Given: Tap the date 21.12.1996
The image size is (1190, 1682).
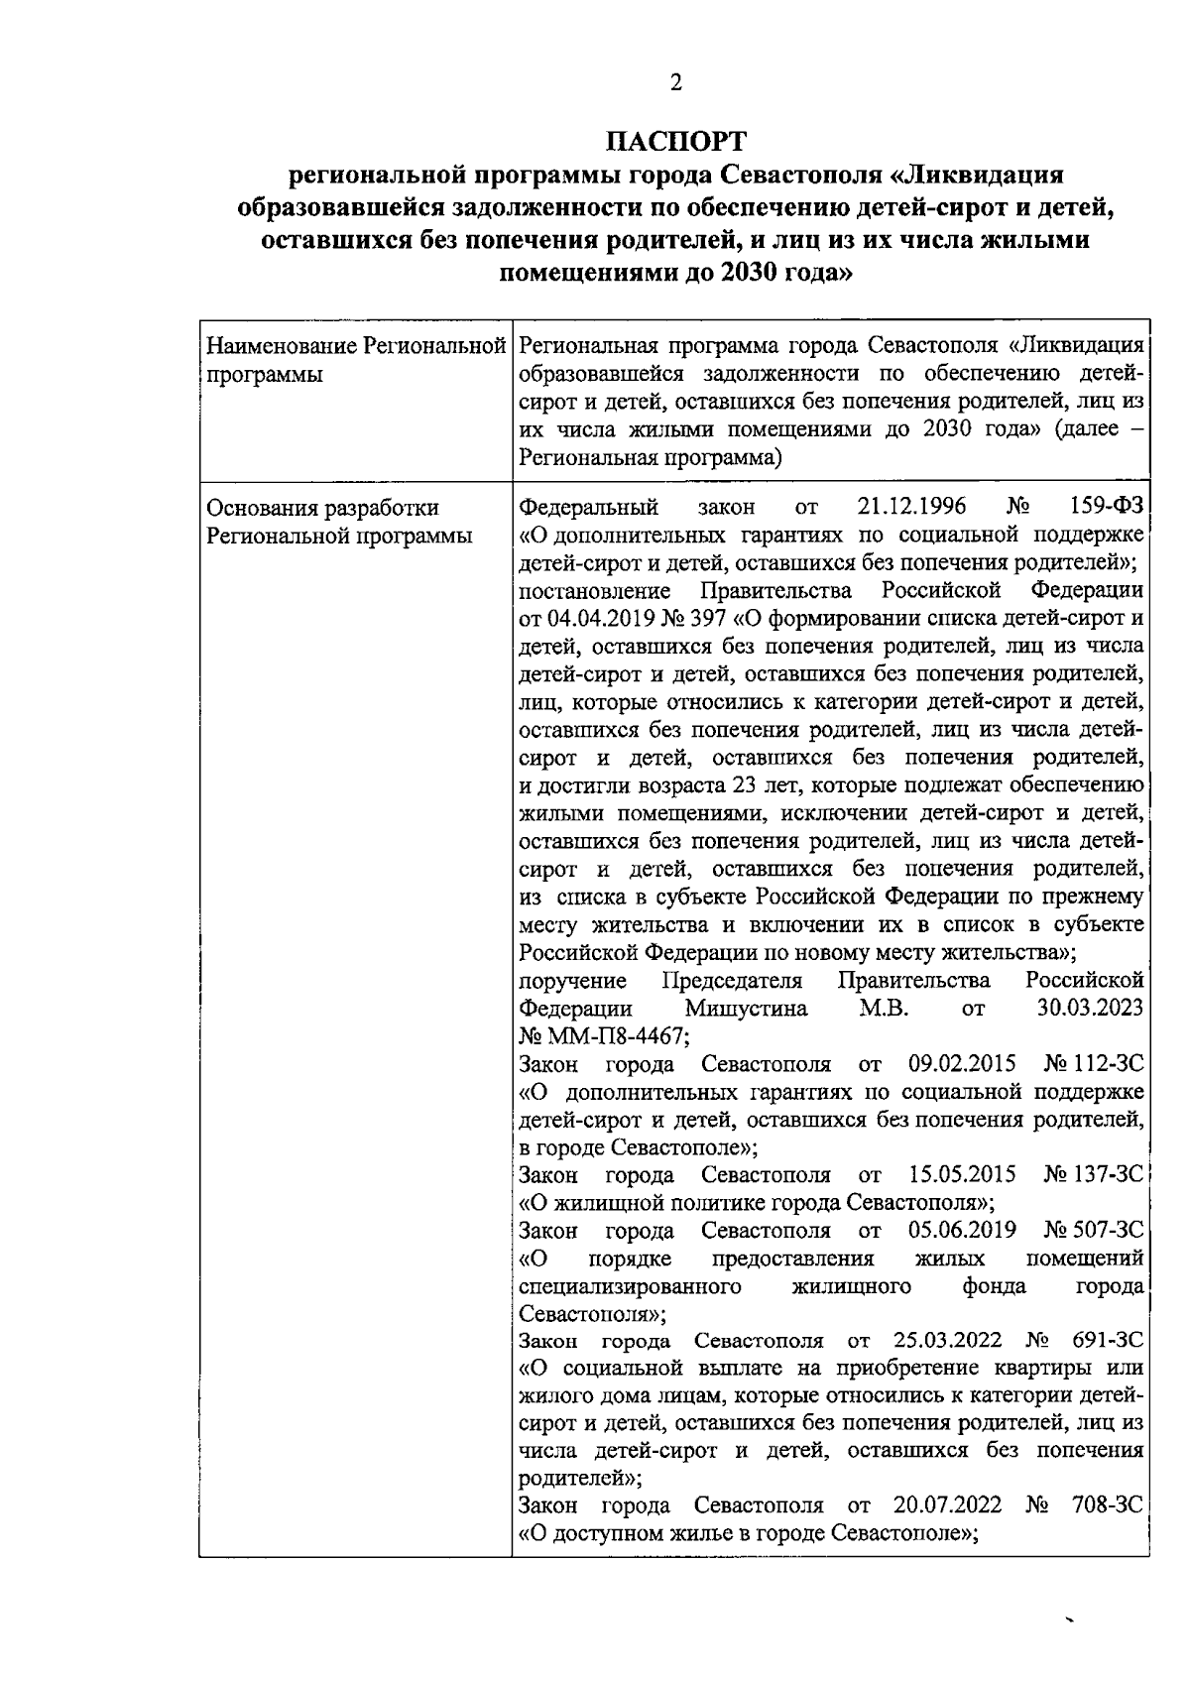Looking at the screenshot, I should pyautogui.click(x=911, y=507).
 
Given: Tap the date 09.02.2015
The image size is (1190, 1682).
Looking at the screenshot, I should pyautogui.click(x=961, y=1064).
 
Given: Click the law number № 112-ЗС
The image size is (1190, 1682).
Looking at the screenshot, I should pyautogui.click(x=1093, y=1064).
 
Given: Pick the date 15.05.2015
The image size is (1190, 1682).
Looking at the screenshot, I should pyautogui.click(x=961, y=1175).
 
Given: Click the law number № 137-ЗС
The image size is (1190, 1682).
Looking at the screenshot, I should pyautogui.click(x=1093, y=1175).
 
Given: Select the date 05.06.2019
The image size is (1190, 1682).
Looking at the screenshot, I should pyautogui.click(x=961, y=1231).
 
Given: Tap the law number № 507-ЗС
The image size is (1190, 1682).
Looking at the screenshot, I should pyautogui.click(x=1093, y=1231).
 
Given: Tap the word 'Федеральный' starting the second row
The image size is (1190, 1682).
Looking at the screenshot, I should pyautogui.click(x=589, y=507).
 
